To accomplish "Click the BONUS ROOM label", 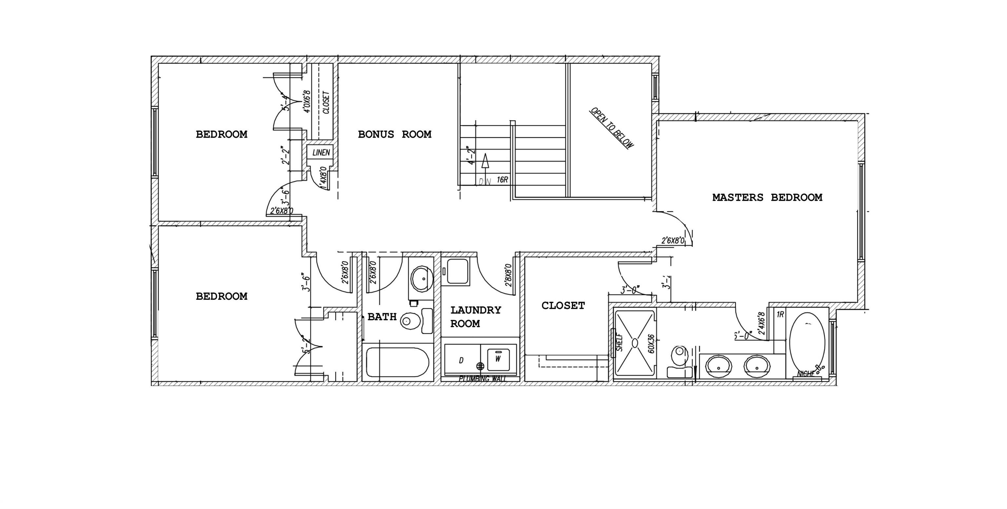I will (x=394, y=134).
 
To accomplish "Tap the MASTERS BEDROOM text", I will (x=767, y=197).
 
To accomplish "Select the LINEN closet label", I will (x=321, y=152).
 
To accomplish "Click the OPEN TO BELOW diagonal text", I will (x=611, y=128).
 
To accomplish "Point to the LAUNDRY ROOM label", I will (x=475, y=317).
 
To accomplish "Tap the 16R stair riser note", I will (x=502, y=180).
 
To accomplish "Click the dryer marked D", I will (x=461, y=360).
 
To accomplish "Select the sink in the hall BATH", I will (x=422, y=278).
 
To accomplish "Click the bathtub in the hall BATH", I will (x=398, y=362).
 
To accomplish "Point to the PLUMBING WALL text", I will (x=482, y=379).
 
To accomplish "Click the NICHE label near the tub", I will (x=806, y=374).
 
